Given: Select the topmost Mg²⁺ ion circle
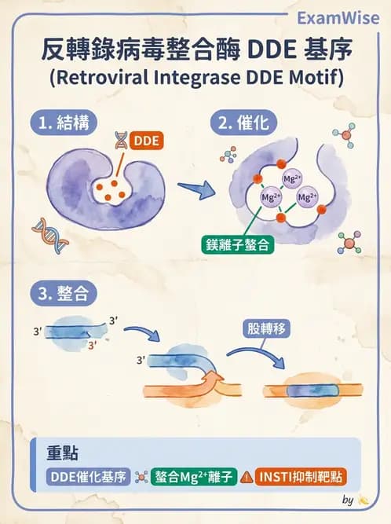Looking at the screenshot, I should pyautogui.click(x=291, y=179).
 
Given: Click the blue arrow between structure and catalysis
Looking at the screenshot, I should pyautogui.click(x=195, y=189).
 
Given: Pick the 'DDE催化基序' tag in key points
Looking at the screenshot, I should pyautogui.click(x=88, y=477).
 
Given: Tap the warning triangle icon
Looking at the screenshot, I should pyautogui.click(x=247, y=477).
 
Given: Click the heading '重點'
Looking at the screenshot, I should pyautogui.click(x=61, y=454).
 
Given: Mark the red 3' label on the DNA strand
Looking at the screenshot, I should pyautogui.click(x=93, y=345).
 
